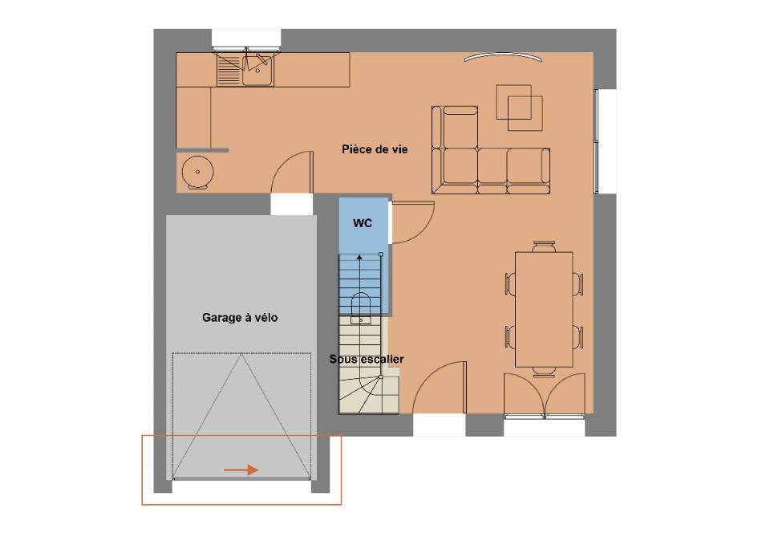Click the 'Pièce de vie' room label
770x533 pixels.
click(x=375, y=149)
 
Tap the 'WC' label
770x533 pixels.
click(x=363, y=223)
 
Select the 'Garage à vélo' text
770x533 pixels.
click(x=240, y=318)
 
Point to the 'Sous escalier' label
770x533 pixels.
click(x=367, y=359)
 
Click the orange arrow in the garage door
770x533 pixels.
click(x=241, y=470)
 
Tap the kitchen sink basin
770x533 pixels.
click(x=257, y=71)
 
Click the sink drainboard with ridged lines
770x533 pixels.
click(x=229, y=71)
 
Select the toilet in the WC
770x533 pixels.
click(x=361, y=308)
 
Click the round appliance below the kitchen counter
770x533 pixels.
click(x=197, y=173)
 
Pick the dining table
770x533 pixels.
click(x=544, y=310)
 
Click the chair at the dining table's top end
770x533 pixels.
click(x=544, y=246)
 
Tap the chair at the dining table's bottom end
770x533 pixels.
click(x=544, y=372)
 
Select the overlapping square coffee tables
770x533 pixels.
click(x=519, y=108)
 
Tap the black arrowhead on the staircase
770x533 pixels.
click(x=359, y=257)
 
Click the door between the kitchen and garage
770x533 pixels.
click(x=292, y=172)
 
